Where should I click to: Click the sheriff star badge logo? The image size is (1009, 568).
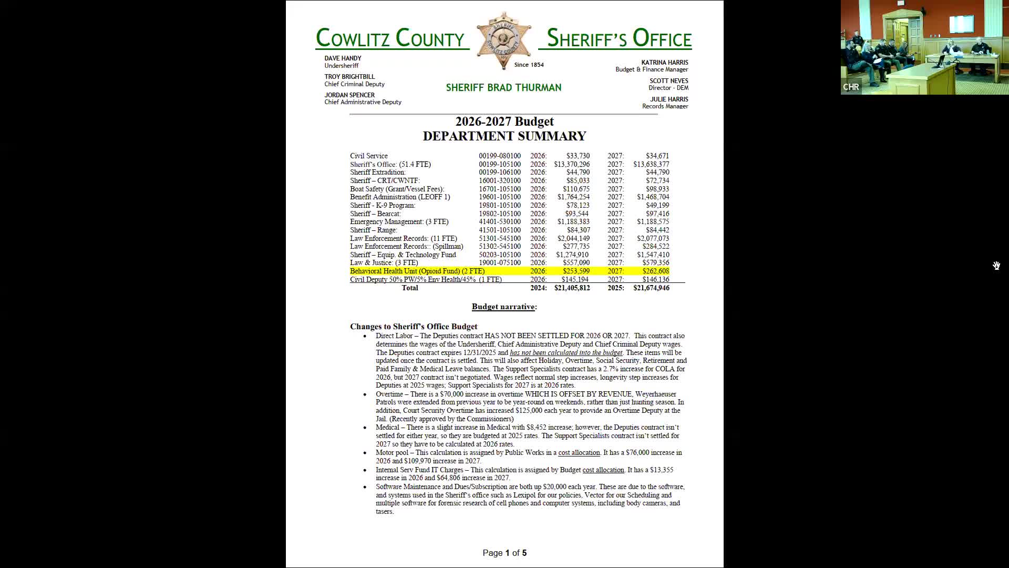[503, 40]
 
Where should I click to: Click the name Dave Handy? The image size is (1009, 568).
[343, 58]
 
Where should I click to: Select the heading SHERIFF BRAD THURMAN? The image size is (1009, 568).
[503, 88]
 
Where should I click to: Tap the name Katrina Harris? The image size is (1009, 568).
[664, 63]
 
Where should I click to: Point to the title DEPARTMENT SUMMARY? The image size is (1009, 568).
[504, 136]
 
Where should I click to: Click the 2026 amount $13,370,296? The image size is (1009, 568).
[572, 164]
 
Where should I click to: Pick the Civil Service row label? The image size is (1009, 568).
[369, 156]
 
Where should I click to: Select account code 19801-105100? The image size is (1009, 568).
[499, 206]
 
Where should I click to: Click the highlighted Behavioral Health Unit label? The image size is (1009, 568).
[417, 271]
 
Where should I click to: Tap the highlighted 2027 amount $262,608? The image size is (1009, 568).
[655, 271]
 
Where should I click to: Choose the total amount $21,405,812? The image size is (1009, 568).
[572, 288]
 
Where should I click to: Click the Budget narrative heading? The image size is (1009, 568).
[504, 307]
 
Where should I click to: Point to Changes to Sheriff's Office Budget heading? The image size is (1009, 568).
[414, 327]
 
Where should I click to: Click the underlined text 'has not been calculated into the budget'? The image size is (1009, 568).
[565, 353]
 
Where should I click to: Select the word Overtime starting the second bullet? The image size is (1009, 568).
[389, 394]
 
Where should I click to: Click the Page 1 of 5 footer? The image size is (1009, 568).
[504, 553]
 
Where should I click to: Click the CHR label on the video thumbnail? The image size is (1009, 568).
[851, 87]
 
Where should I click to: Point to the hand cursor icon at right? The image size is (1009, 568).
[996, 266]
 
